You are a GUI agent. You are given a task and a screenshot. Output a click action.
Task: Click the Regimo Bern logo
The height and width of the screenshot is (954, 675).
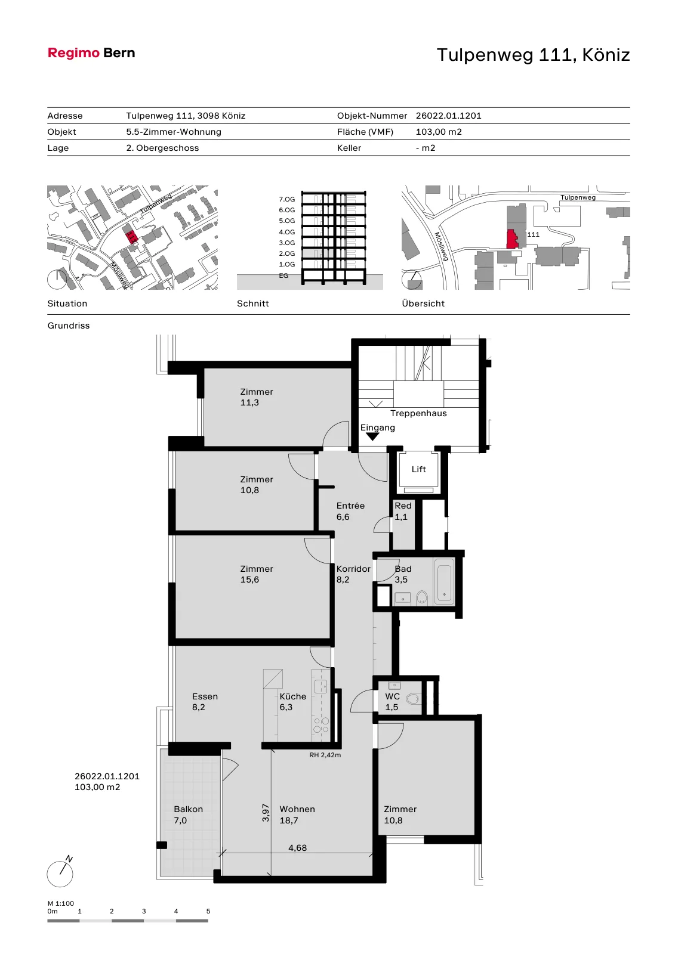[91, 53]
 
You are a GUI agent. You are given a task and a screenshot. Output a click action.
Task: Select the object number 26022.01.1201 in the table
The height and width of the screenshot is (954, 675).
[449, 116]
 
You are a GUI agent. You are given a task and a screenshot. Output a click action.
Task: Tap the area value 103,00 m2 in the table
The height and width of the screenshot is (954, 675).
[439, 132]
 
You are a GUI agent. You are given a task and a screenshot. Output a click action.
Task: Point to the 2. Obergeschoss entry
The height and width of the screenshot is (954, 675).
[162, 148]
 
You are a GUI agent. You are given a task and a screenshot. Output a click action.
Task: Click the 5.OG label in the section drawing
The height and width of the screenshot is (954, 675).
[287, 221]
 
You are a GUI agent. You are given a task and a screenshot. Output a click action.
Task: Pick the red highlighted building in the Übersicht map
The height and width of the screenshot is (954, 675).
[512, 239]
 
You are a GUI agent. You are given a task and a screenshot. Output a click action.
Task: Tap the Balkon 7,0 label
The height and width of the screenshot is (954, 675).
[188, 814]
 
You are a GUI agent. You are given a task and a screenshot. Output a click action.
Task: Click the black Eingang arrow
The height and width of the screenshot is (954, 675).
[372, 436]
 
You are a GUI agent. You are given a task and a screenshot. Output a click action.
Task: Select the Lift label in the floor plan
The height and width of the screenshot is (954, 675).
[419, 469]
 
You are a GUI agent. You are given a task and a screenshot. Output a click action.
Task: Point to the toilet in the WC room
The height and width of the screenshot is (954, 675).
[412, 699]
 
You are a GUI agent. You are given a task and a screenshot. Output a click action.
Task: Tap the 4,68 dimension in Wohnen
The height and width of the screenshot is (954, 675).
[298, 848]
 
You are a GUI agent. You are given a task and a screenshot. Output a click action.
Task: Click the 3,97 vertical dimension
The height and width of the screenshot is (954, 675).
[266, 813]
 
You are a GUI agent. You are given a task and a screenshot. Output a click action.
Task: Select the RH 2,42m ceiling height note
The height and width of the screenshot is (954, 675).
[325, 755]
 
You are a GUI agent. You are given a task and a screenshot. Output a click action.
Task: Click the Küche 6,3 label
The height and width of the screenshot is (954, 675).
[293, 702]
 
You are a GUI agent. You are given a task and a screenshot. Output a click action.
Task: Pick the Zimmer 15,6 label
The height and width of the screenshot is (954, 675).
[256, 574]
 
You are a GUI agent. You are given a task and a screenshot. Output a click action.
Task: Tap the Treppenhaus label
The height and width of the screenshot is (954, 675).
[418, 414]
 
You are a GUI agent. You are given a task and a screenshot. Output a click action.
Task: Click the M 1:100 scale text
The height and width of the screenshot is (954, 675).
[60, 903]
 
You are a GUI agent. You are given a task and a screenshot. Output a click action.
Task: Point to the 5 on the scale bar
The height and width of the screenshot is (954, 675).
[208, 912]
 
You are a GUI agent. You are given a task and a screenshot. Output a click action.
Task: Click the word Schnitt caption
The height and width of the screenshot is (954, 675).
[253, 303]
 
